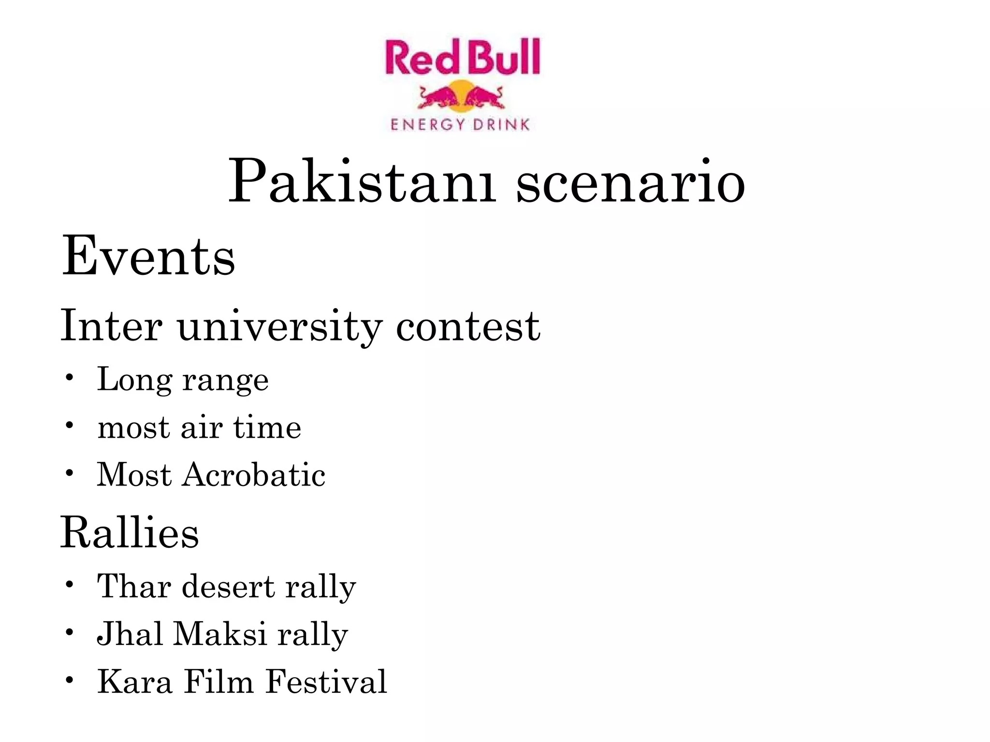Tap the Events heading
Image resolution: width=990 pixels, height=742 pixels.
[148, 257]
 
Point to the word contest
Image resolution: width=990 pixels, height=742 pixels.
[467, 327]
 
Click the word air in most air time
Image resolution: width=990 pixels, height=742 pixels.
[202, 428]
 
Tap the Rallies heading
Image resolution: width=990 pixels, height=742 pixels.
[129, 533]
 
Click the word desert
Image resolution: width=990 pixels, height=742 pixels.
[228, 586]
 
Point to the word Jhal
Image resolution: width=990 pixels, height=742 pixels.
[129, 634]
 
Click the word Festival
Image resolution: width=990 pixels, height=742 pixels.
[326, 682]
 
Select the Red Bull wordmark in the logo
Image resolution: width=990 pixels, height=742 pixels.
[462, 58]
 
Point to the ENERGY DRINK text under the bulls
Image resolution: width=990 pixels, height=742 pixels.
[460, 125]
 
